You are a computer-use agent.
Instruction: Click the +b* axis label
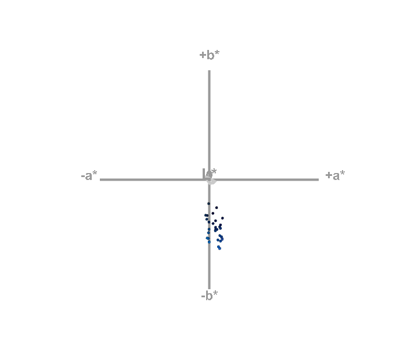pyautogui.click(x=210, y=55)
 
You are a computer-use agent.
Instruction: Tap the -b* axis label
pyautogui.click(x=210, y=296)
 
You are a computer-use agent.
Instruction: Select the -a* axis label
pyautogui.click(x=89, y=175)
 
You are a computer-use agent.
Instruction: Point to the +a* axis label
pyautogui.click(x=335, y=175)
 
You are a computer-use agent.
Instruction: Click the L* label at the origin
pyautogui.click(x=210, y=173)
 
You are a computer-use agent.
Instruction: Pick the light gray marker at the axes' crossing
pyautogui.click(x=211, y=181)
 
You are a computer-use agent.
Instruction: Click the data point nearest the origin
pyautogui.click(x=209, y=203)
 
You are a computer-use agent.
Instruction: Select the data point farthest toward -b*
pyautogui.click(x=219, y=249)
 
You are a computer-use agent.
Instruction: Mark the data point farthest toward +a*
pyautogui.click(x=222, y=218)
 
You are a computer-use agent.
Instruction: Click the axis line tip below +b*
pyautogui.click(x=209, y=71)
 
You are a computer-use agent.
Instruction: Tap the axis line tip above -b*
pyautogui.click(x=209, y=288)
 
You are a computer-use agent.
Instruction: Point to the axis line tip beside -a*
pyautogui.click(x=100, y=179)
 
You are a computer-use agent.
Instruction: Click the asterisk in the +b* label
pyautogui.click(x=218, y=53)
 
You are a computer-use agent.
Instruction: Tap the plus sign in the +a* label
pyautogui.click(x=328, y=175)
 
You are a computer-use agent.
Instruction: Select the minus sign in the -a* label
pyautogui.click(x=83, y=176)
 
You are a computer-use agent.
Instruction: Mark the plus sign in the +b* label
pyautogui.click(x=202, y=56)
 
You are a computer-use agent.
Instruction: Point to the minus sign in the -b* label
pyautogui.click(x=203, y=297)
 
